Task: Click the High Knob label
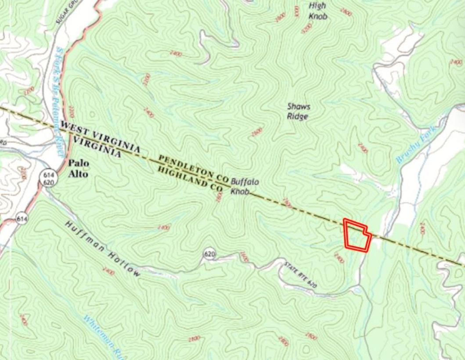point(317,11)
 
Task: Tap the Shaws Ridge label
point(298,112)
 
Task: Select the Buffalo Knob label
point(244,186)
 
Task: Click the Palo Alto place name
point(78,169)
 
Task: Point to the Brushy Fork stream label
point(415,145)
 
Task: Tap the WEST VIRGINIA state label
point(100,137)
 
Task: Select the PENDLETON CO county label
point(194,169)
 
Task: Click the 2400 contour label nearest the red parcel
point(339,258)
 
